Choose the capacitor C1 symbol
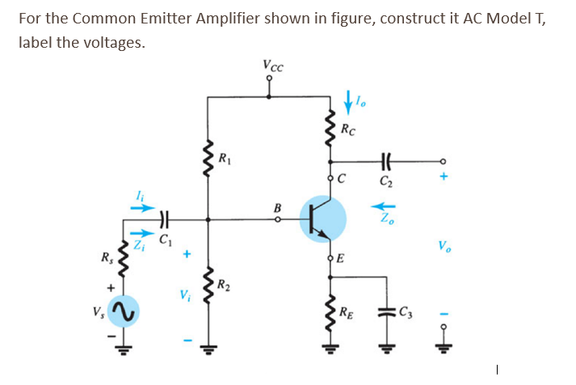click(x=164, y=218)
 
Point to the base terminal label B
click(x=277, y=207)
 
